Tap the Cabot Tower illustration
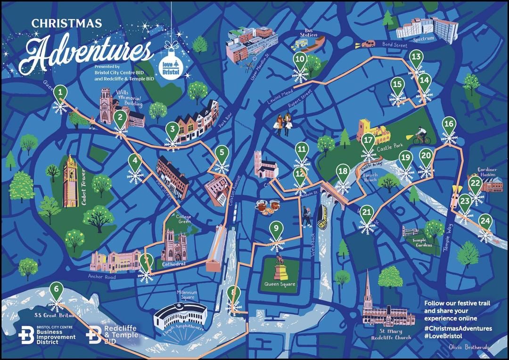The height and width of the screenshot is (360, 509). [x=71, y=181]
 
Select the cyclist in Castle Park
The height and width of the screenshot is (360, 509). [x=422, y=137]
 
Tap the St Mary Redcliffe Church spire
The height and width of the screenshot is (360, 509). [x=367, y=287]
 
